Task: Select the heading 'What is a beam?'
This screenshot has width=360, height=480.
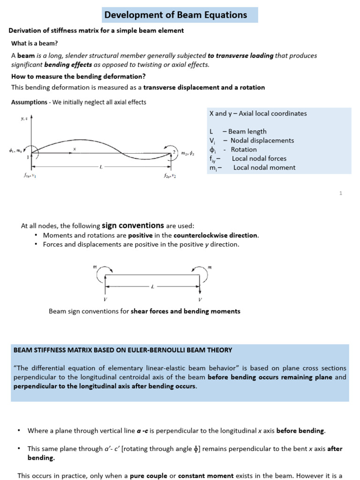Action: (35, 44)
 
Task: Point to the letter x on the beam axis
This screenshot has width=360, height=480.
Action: (74, 149)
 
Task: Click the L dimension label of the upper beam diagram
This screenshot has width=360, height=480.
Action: (101, 166)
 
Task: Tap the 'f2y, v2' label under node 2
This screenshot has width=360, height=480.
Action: (171, 176)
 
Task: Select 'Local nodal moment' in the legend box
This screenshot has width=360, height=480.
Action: (264, 167)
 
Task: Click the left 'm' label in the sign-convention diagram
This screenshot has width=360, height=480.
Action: (95, 267)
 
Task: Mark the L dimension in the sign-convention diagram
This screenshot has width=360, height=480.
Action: (152, 286)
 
